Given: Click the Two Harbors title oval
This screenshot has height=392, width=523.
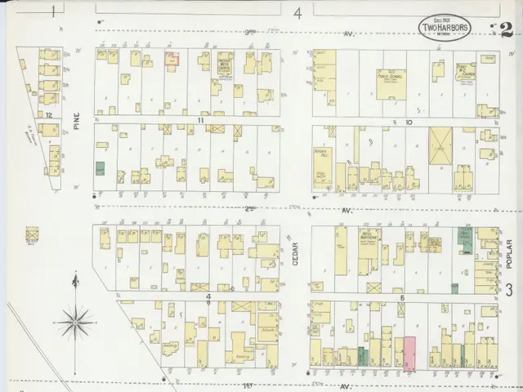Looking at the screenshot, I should click(x=444, y=27).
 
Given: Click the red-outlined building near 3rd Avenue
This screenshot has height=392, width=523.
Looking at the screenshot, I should click(x=172, y=59).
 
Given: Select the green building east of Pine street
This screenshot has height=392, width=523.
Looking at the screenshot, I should click(x=101, y=168).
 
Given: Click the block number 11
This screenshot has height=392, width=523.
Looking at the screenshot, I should click(x=199, y=119).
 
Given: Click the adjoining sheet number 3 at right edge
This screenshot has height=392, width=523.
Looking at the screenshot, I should click(x=508, y=290).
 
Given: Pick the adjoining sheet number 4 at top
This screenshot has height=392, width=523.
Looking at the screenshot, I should click(x=298, y=12).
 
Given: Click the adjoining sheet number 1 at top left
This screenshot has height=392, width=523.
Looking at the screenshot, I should click(x=53, y=11).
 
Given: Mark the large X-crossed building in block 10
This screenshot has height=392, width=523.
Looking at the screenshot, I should click(x=440, y=149).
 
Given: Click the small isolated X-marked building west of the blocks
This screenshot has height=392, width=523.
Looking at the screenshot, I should click(x=33, y=235).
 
